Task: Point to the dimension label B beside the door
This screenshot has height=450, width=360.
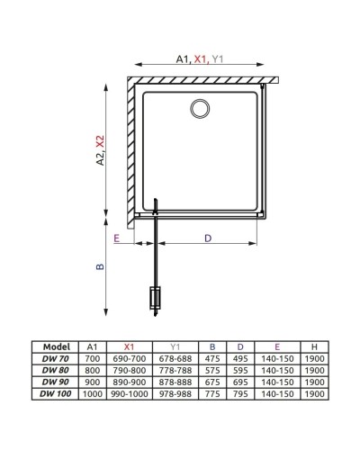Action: tap(102, 267)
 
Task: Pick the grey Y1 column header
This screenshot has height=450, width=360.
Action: tap(175, 345)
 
